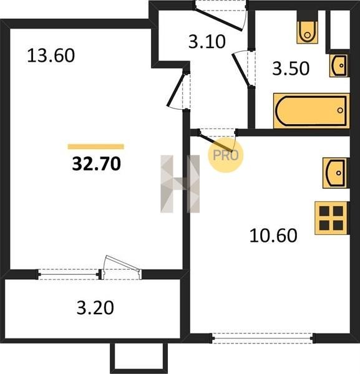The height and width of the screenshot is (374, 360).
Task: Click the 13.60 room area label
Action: pos(51,55)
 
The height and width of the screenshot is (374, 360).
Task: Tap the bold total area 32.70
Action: pos(97,164)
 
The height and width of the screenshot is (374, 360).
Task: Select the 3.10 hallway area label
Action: pos(207,42)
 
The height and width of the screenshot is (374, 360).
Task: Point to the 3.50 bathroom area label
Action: pos(291,69)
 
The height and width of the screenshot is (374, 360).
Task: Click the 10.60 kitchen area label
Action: pos(273,236)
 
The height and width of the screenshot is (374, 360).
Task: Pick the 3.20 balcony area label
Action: pos(95,307)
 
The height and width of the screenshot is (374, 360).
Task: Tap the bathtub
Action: pos(311,111)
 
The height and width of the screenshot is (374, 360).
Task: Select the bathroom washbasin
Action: pos(339,65)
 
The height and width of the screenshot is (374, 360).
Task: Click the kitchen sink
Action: pos(336,173)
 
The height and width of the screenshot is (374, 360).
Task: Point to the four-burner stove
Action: pos(332,218)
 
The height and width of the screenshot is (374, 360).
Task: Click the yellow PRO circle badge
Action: pos(225,155)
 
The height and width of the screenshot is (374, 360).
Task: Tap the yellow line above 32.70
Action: pos(96,146)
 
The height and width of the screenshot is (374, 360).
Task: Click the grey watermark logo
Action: pos(180,184)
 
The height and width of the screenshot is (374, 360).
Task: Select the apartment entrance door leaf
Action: pos(218,19)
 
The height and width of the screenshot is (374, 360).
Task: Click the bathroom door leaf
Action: pos(241,70)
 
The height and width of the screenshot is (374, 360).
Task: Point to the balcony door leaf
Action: pos(122,263)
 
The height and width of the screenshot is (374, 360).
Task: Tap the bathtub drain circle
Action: pos(340,110)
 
